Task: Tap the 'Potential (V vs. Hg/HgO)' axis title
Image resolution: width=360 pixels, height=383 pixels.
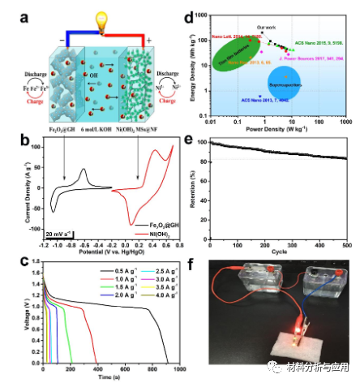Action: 106,243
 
